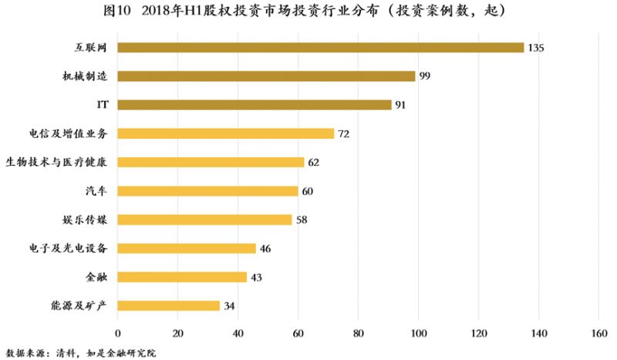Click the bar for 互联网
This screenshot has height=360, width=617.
[x=320, y=48]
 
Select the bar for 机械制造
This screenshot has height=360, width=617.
[x=266, y=76]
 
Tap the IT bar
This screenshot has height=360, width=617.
[x=255, y=105]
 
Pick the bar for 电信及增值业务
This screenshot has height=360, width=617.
[x=225, y=133]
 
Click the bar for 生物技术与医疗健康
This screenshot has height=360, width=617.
[x=211, y=162]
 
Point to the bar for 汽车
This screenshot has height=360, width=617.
[x=207, y=190]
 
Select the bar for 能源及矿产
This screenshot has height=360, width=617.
[x=168, y=305]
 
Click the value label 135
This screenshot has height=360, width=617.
[x=537, y=48]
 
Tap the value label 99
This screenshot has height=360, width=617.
[x=426, y=76]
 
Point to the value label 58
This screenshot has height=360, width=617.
[x=302, y=220]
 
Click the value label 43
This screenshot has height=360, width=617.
[x=257, y=277]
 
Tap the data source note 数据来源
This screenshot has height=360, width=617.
[x=25, y=352]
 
